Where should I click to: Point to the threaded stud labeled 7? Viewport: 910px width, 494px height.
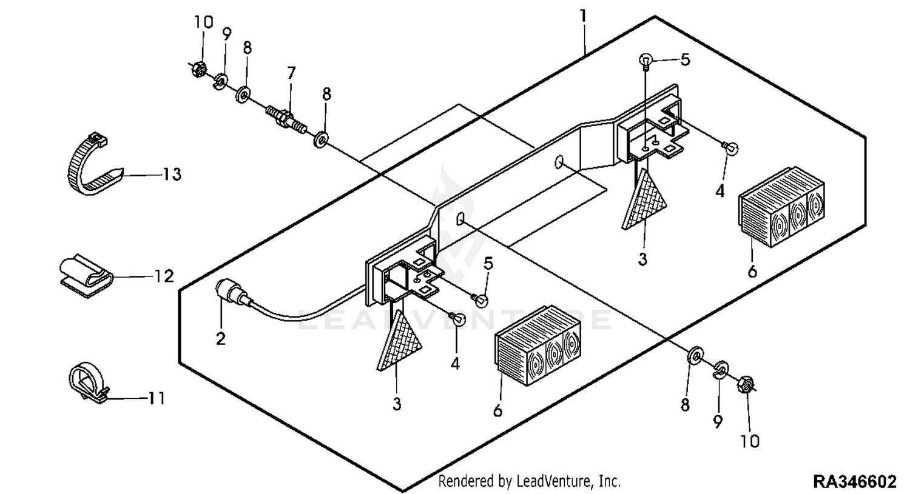(x=286, y=120)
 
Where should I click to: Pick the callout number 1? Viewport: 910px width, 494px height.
(x=584, y=17)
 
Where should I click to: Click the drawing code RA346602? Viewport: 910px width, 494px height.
(x=854, y=482)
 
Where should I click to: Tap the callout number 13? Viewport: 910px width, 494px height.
(x=172, y=175)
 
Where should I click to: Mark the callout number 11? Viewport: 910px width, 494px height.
(x=157, y=398)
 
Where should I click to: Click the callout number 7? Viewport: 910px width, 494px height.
(x=291, y=73)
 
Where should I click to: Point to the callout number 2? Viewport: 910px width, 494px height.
(x=221, y=339)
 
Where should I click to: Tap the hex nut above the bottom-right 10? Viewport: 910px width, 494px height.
(x=746, y=383)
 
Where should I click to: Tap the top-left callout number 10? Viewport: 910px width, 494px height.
(x=203, y=22)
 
